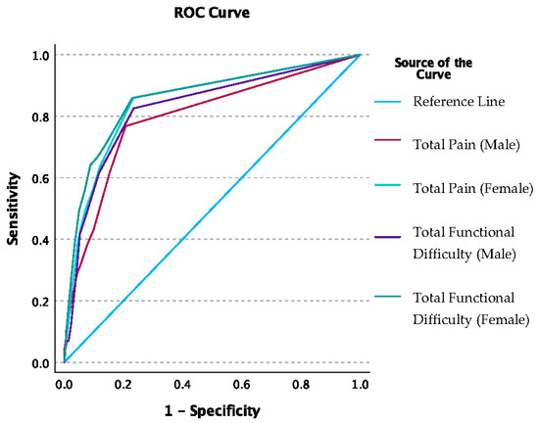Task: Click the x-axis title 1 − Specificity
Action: tap(213, 411)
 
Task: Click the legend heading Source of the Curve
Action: tap(432, 70)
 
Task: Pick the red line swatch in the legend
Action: tap(389, 145)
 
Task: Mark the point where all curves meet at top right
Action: tap(361, 55)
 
